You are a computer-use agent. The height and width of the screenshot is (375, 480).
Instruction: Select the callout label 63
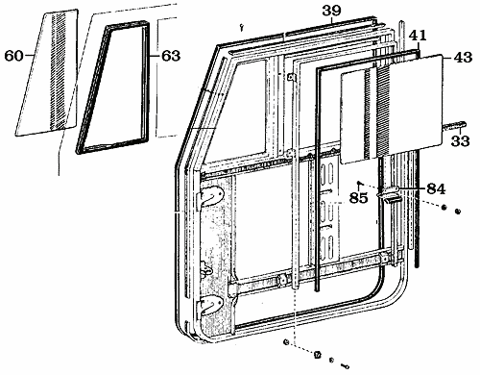point(170,57)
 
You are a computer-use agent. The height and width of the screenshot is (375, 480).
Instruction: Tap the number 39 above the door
point(331,11)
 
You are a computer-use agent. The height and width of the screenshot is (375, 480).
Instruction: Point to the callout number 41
point(417,36)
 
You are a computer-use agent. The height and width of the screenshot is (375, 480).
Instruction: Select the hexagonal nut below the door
point(318,355)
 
